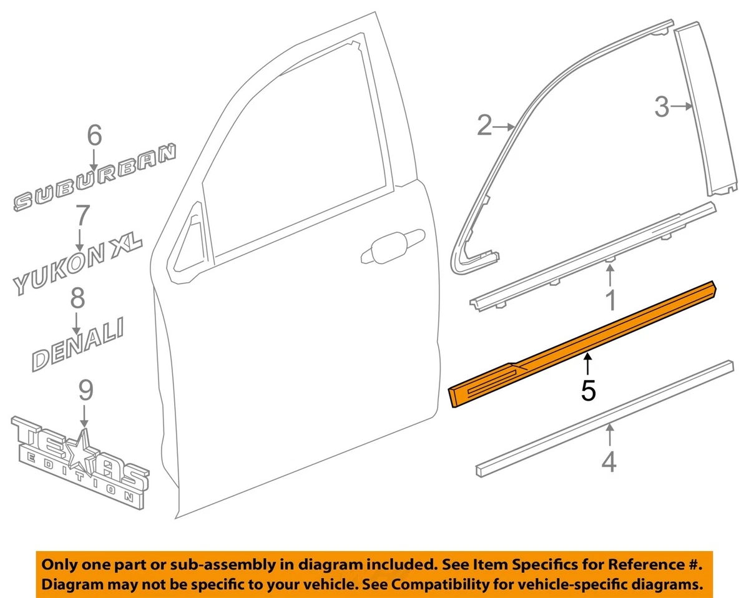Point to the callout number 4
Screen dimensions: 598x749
click(609, 462)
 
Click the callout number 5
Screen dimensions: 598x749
click(588, 390)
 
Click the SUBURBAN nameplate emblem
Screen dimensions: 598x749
click(94, 181)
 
